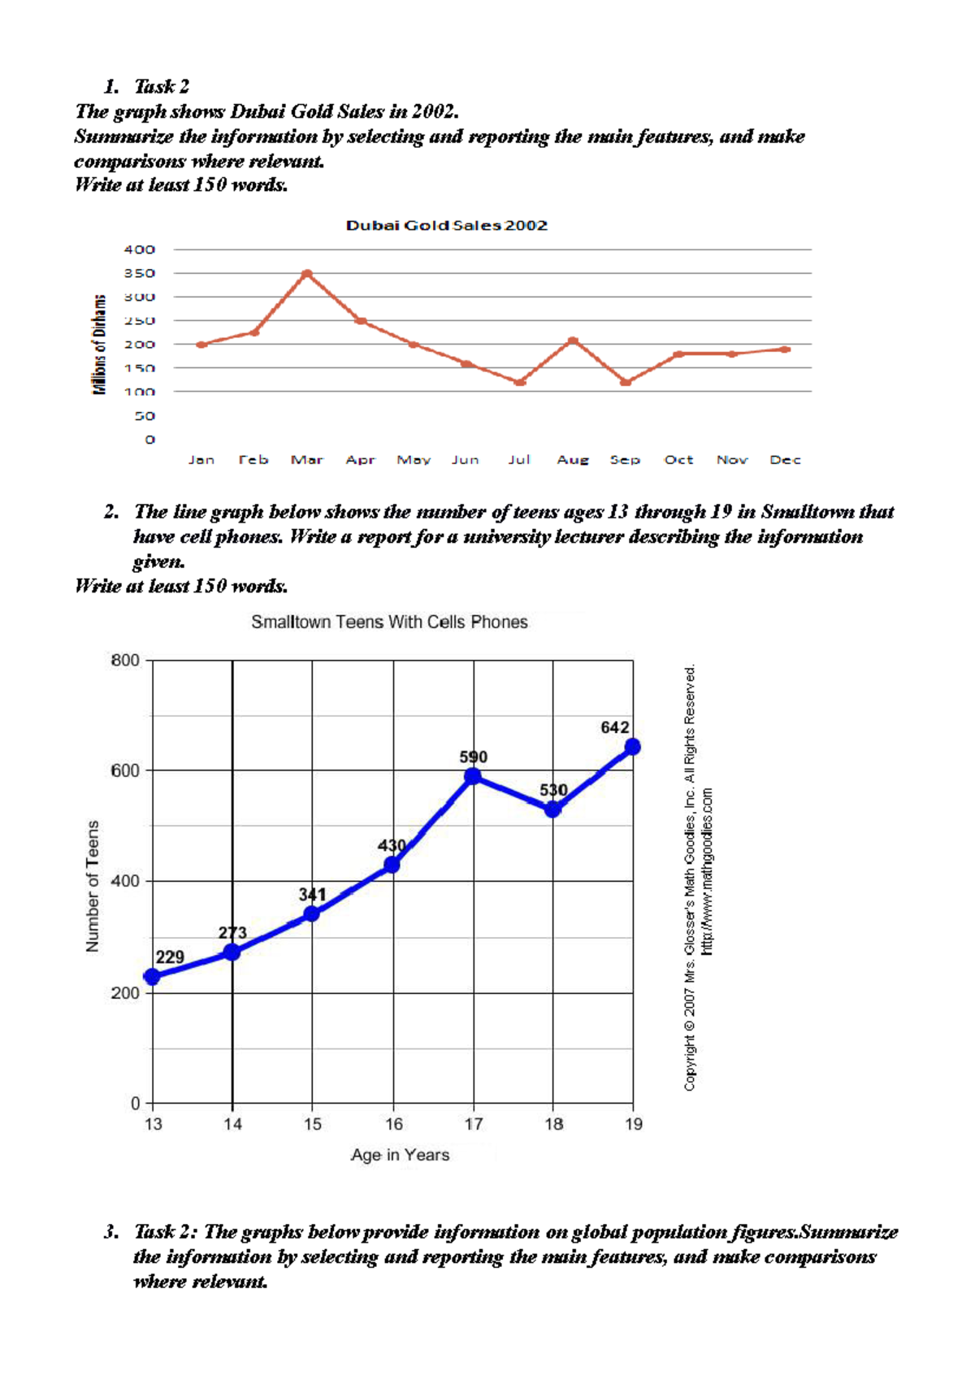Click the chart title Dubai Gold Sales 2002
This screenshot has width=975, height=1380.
point(447,225)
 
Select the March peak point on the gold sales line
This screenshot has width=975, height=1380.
point(306,274)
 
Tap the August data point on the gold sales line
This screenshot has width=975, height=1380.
point(573,341)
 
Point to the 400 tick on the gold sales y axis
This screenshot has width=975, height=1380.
point(139,250)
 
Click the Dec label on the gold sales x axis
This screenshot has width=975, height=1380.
point(785,460)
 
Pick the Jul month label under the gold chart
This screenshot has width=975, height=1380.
point(518,460)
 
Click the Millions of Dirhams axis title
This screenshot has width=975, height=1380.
point(99,345)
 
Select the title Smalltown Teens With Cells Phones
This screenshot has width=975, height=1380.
point(389,622)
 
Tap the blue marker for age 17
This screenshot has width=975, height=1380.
point(473,777)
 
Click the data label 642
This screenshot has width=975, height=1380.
point(615,727)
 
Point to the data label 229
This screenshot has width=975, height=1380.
point(170,957)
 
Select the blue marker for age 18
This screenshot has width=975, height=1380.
point(552,809)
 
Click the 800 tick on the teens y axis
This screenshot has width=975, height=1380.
point(125,660)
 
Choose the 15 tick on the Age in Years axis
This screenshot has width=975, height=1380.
point(313,1124)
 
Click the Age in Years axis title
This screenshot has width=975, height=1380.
point(400,1155)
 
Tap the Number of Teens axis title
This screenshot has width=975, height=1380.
point(93,886)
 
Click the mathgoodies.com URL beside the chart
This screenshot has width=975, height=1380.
point(707,870)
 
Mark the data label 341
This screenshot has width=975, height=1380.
point(312,895)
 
